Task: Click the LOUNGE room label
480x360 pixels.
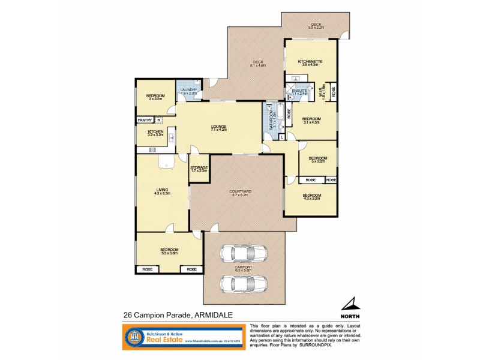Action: (218, 126)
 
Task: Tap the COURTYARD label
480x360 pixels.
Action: (240, 192)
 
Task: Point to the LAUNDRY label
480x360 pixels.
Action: (189, 90)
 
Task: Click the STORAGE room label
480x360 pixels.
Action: (199, 167)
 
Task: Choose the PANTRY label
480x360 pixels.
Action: (145, 120)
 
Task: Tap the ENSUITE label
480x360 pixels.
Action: (299, 91)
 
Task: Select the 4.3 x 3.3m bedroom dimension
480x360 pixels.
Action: (311, 198)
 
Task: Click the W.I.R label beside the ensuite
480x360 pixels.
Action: (322, 91)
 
